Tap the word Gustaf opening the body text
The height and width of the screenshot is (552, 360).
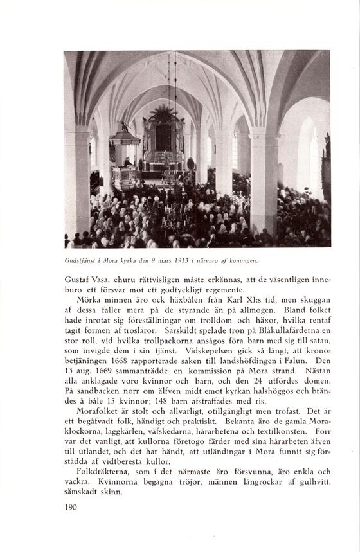(x=79, y=281)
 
